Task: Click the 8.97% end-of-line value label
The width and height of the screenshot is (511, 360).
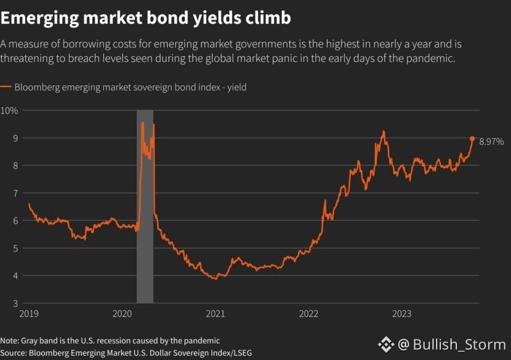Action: pos(491,142)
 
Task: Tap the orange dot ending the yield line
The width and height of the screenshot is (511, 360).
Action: pos(472,139)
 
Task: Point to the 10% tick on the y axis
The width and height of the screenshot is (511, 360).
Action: pos(9,110)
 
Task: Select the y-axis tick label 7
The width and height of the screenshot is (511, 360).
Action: pos(16,193)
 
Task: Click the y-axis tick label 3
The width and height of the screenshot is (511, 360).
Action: pos(16,303)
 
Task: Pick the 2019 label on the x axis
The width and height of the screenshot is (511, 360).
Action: pos(29,314)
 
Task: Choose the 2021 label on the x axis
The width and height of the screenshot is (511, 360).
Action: pos(215,314)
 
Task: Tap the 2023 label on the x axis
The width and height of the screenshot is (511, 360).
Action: pos(402,314)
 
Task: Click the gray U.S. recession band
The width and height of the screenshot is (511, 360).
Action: pos(145,206)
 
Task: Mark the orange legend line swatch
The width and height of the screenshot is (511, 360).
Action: pos(5,87)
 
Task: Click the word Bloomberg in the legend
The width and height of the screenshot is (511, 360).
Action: pos(37,88)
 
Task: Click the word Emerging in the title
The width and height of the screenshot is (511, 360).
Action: pos(40,18)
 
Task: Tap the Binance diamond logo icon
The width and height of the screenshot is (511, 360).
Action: pos(386,344)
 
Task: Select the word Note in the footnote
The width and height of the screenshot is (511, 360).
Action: pos(9,341)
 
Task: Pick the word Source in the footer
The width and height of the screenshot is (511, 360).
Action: pos(13,353)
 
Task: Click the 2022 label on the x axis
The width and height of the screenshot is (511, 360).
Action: pos(309,314)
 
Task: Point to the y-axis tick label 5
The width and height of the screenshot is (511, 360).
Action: pos(16,248)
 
